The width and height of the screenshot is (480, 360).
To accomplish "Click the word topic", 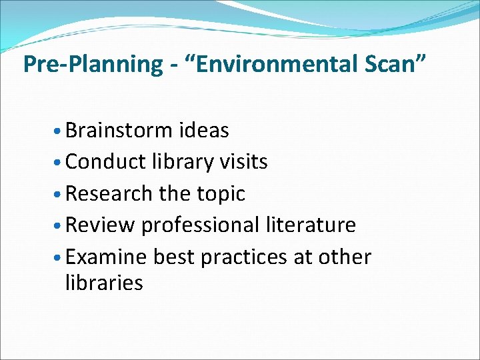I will [x=221, y=195].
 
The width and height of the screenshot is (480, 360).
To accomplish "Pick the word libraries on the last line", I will [x=103, y=283].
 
